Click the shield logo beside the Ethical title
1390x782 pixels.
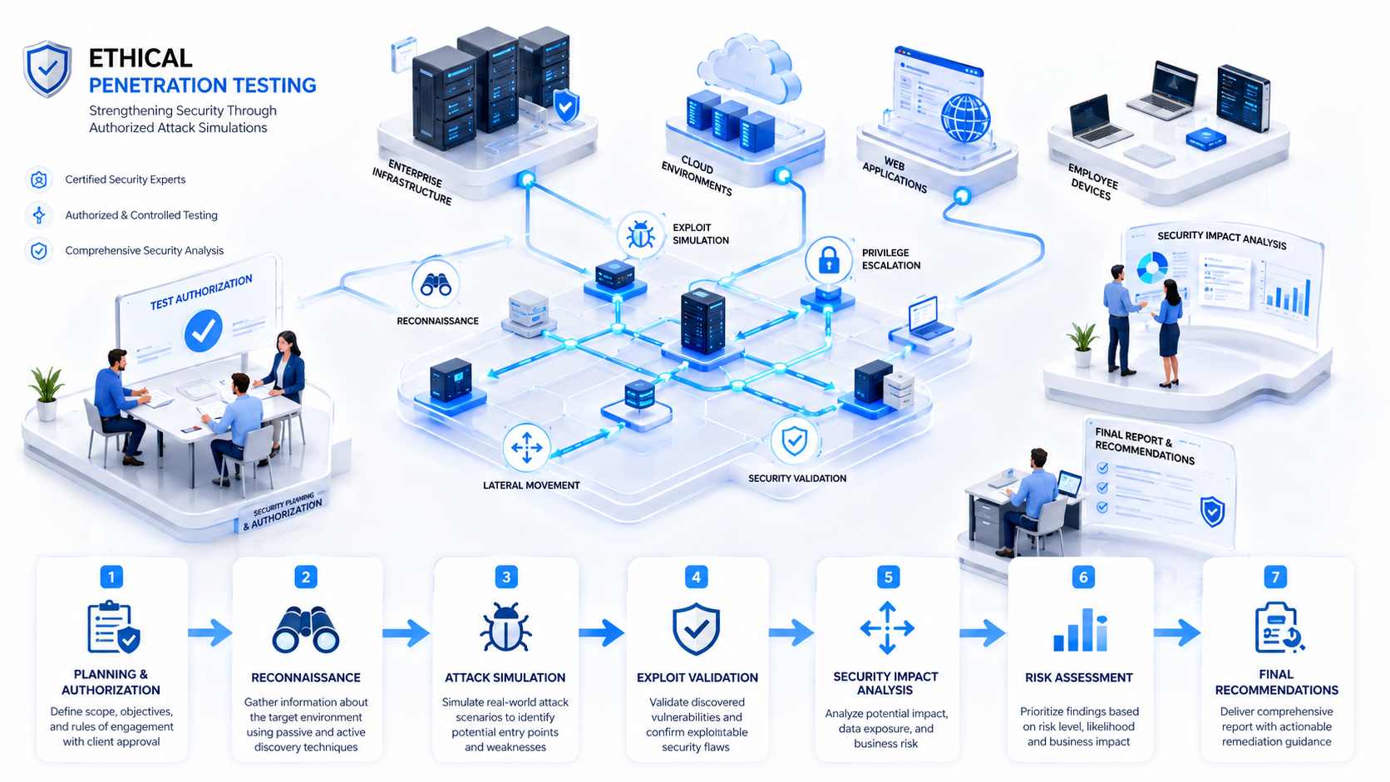[x=47, y=69]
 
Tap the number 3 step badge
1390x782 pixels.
[x=506, y=578]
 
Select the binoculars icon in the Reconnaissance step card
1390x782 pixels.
[x=306, y=629]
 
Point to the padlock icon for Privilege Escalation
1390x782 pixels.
[x=829, y=260]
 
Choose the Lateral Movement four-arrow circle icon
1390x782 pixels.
[x=527, y=447]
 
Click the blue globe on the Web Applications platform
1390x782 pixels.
[x=965, y=118]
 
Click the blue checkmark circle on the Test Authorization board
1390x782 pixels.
[x=204, y=331]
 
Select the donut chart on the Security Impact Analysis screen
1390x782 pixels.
[x=1152, y=268]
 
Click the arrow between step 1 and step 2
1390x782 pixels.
[x=209, y=632]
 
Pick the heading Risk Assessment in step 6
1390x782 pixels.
[x=1079, y=678]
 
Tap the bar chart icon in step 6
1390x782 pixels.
[x=1081, y=630]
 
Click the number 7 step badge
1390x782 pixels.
[x=1276, y=578]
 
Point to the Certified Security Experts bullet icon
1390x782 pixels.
[x=39, y=180]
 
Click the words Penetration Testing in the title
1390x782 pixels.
[x=203, y=85]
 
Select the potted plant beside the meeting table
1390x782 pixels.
[x=47, y=393]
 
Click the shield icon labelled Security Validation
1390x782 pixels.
[x=794, y=441]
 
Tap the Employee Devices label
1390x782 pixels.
[x=1092, y=182]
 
